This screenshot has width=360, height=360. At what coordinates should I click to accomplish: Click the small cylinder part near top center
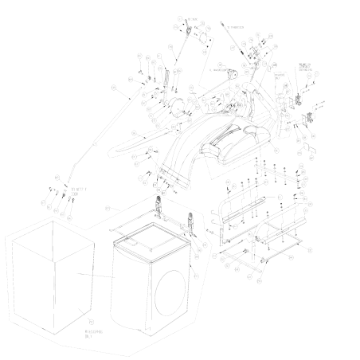(x=234, y=73)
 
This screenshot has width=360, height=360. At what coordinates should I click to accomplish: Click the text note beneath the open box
(x=93, y=336)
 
